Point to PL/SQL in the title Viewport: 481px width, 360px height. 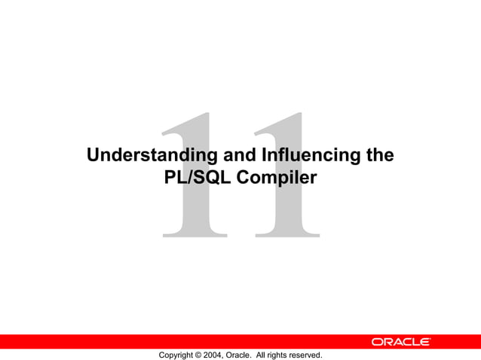tap(193, 178)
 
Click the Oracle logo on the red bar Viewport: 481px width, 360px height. tap(400, 342)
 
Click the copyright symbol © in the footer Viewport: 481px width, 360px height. tap(198, 355)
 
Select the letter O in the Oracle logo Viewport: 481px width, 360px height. tap(377, 342)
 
